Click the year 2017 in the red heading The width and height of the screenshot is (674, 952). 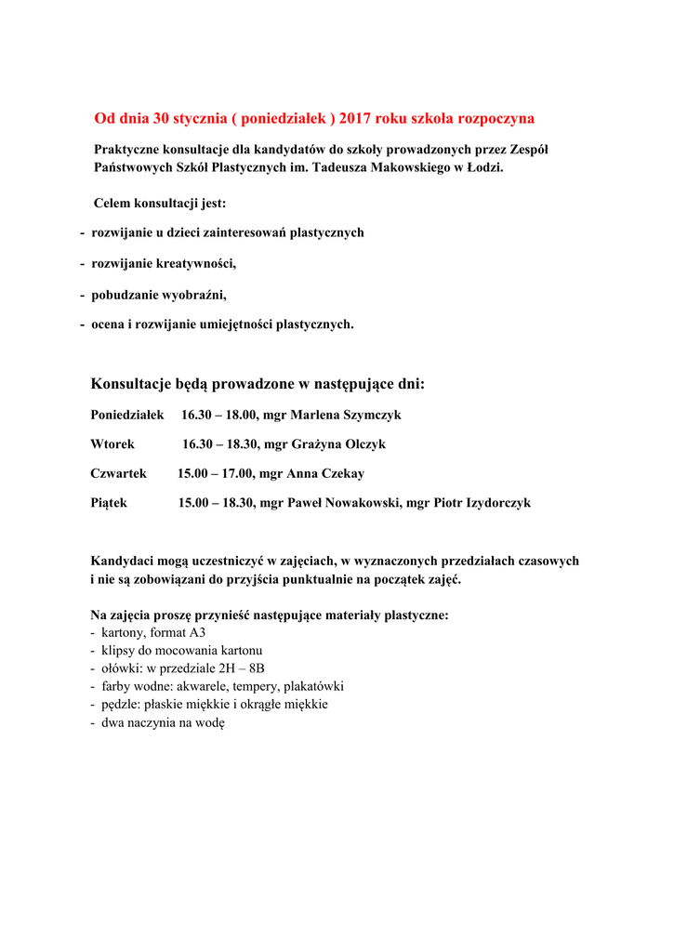pyautogui.click(x=355, y=119)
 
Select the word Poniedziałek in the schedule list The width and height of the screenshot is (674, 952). pyautogui.click(x=127, y=415)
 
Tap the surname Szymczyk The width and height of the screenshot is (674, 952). pyautogui.click(x=373, y=415)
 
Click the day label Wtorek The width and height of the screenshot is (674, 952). pyautogui.click(x=112, y=444)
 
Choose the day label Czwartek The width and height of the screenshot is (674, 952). pyautogui.click(x=119, y=474)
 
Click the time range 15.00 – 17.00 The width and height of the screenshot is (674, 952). pyautogui.click(x=216, y=474)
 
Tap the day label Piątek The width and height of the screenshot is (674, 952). pyautogui.click(x=109, y=503)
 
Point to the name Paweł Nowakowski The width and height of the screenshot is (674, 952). pyautogui.click(x=345, y=503)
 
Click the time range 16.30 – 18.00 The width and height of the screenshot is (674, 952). pyautogui.click(x=219, y=415)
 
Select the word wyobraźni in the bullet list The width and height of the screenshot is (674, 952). pyautogui.click(x=191, y=295)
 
